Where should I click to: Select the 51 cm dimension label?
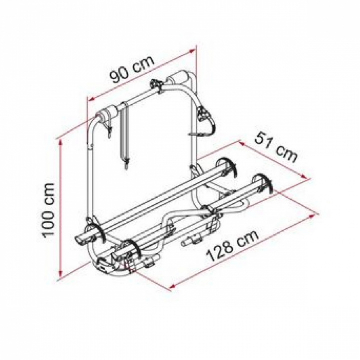tap(276, 148)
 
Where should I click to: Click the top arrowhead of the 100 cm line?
tap(61, 144)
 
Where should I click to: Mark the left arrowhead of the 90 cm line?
tap(92, 99)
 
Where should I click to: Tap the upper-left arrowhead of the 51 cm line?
tap(242, 144)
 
